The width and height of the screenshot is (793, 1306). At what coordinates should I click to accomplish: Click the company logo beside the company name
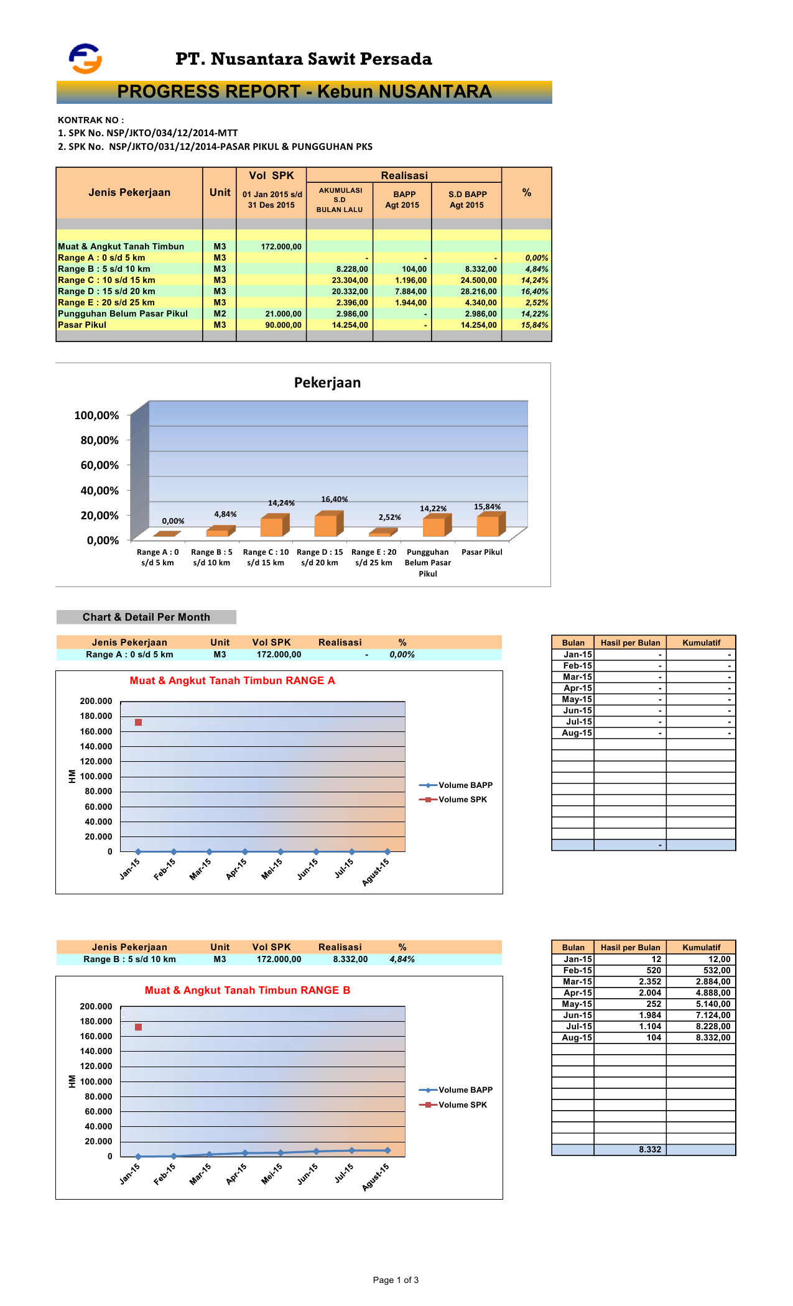(x=85, y=58)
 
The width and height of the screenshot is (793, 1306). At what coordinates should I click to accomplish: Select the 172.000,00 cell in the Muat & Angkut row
(x=281, y=247)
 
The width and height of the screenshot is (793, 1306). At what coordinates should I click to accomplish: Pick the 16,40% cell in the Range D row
(x=534, y=292)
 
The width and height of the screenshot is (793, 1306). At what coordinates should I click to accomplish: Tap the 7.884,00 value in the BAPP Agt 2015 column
(x=410, y=292)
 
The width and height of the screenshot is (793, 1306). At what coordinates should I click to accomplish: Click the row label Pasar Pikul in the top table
(x=82, y=325)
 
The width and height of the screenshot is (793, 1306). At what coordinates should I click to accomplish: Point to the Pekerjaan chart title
(x=327, y=382)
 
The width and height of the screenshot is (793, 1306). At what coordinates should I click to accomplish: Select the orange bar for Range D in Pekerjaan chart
(x=326, y=524)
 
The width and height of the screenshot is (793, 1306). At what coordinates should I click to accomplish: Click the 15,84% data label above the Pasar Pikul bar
(x=487, y=507)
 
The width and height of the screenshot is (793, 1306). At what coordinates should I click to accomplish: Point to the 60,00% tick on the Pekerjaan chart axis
(x=100, y=465)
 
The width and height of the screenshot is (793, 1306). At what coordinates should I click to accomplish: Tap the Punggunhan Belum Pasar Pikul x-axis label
(x=427, y=562)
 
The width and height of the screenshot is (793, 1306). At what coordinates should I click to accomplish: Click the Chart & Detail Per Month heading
(x=146, y=617)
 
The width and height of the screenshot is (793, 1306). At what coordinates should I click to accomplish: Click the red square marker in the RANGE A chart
(x=138, y=722)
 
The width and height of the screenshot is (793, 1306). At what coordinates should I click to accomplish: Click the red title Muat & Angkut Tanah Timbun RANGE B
(x=247, y=990)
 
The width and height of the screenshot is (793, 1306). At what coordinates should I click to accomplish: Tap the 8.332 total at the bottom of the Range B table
(x=650, y=1149)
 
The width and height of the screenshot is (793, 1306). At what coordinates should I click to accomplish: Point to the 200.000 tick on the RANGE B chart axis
(x=96, y=1006)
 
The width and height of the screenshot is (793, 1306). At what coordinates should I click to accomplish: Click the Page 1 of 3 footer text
(x=396, y=1280)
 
